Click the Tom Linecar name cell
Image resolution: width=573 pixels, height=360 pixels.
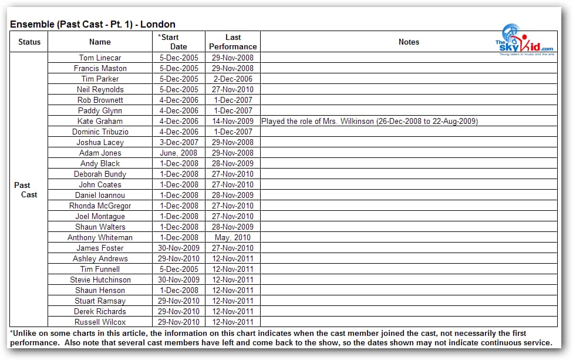pyautogui.click(x=100, y=58)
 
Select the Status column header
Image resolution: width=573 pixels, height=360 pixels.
pyautogui.click(x=29, y=42)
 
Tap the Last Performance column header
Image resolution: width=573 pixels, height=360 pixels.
pyautogui.click(x=233, y=42)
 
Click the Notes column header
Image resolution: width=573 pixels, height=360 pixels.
pyautogui.click(x=409, y=42)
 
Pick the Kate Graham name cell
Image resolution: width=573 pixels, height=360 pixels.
pyautogui.click(x=100, y=121)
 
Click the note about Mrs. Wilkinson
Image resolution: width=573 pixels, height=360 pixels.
pyautogui.click(x=369, y=121)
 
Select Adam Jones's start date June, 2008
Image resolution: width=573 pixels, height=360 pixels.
pyautogui.click(x=179, y=153)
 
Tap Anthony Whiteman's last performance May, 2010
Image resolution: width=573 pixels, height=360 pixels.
pyautogui.click(x=233, y=237)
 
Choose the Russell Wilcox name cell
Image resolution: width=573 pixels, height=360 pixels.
pyautogui.click(x=100, y=322)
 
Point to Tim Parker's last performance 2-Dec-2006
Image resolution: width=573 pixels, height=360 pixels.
pyautogui.click(x=233, y=79)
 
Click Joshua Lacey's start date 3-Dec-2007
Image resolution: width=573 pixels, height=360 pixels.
pyautogui.click(x=179, y=142)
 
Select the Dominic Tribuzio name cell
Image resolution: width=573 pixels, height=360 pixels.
pyautogui.click(x=100, y=132)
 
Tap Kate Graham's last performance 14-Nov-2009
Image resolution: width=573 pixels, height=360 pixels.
pyautogui.click(x=233, y=121)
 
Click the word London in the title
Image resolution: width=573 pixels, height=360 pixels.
pyautogui.click(x=160, y=24)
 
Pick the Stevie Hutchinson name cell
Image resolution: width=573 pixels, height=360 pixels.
pyautogui.click(x=100, y=280)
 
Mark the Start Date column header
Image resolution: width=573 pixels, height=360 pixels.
pyautogui.click(x=178, y=42)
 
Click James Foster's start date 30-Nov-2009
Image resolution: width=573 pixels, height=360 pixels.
pyautogui.click(x=179, y=248)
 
